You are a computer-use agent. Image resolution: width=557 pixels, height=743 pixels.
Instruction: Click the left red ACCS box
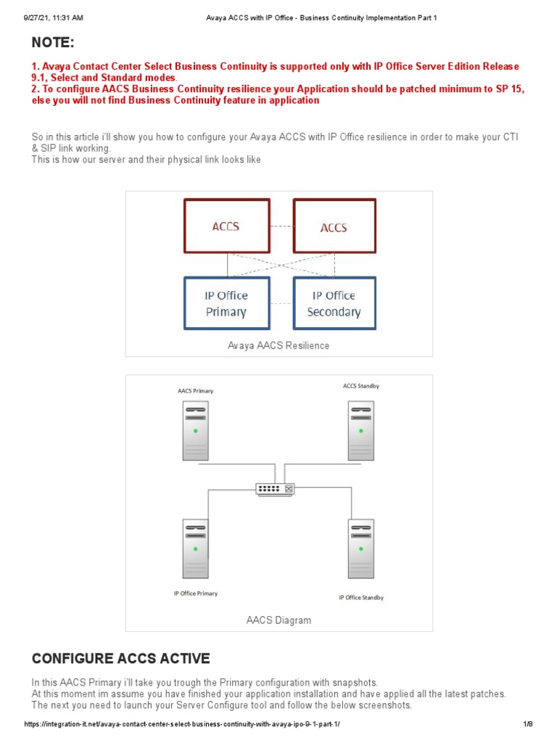pyautogui.click(x=226, y=226)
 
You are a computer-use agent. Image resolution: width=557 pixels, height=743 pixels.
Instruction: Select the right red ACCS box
pyautogui.click(x=334, y=227)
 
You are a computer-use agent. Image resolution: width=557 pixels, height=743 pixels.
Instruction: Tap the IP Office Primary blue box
pyautogui.click(x=226, y=304)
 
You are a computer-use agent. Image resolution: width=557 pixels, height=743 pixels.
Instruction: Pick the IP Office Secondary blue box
pyautogui.click(x=334, y=304)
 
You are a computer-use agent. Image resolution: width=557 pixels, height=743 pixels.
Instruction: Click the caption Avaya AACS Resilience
pyautogui.click(x=278, y=345)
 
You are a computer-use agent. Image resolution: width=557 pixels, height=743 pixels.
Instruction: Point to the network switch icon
pyautogui.click(x=276, y=489)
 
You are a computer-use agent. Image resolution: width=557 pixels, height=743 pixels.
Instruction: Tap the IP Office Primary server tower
pyautogui.click(x=195, y=549)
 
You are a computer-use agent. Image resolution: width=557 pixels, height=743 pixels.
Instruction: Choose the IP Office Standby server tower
pyautogui.click(x=361, y=549)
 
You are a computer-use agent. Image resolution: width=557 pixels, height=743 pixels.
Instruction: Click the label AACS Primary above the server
pyautogui.click(x=195, y=391)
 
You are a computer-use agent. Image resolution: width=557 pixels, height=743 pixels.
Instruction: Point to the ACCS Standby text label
pyautogui.click(x=360, y=386)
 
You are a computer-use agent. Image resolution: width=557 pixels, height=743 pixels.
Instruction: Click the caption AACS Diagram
pyautogui.click(x=278, y=620)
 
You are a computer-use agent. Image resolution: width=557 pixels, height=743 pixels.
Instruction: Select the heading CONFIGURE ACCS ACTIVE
pyautogui.click(x=121, y=659)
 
